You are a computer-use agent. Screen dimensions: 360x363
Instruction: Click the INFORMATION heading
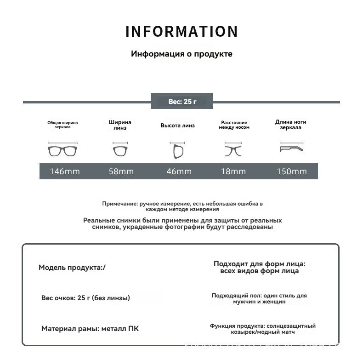(181, 32)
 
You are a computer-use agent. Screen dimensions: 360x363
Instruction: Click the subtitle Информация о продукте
(181, 54)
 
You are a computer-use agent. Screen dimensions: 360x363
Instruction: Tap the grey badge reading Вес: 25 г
(182, 101)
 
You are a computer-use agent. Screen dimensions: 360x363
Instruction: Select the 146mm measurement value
(65, 171)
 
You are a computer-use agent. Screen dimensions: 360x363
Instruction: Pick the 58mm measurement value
(121, 171)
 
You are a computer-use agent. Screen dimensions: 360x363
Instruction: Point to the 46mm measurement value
(179, 171)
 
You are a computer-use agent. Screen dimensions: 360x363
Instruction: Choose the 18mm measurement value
(233, 171)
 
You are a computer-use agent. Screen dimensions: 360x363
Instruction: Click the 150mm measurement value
(291, 171)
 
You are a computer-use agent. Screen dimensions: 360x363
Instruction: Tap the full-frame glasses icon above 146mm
(63, 150)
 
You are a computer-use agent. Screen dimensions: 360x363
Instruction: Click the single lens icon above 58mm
(120, 150)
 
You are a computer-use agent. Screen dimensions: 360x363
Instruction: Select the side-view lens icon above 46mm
(178, 150)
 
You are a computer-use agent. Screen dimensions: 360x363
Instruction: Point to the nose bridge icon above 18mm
(234, 150)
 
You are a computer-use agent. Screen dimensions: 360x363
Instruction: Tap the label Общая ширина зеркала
(62, 125)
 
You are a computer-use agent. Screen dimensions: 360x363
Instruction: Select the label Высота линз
(177, 126)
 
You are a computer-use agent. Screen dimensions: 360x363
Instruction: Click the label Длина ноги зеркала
(290, 125)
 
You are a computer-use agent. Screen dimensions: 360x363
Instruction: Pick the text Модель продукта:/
(72, 268)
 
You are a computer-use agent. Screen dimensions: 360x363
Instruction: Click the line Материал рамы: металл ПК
(90, 329)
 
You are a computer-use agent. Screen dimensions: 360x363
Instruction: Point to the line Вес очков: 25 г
(85, 298)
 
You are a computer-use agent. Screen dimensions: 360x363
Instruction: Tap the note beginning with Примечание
(182, 206)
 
